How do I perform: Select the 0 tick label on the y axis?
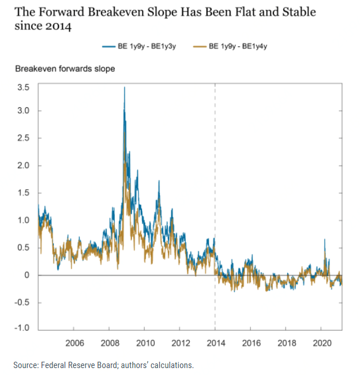tap(26, 275)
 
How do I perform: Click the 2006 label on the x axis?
tap(75, 343)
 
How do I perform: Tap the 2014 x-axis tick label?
tap(216, 343)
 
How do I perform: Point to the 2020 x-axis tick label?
tap(322, 343)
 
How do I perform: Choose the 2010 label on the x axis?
tap(145, 343)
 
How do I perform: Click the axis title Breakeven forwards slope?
tap(65, 69)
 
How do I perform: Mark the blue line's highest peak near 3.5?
tap(124, 88)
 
